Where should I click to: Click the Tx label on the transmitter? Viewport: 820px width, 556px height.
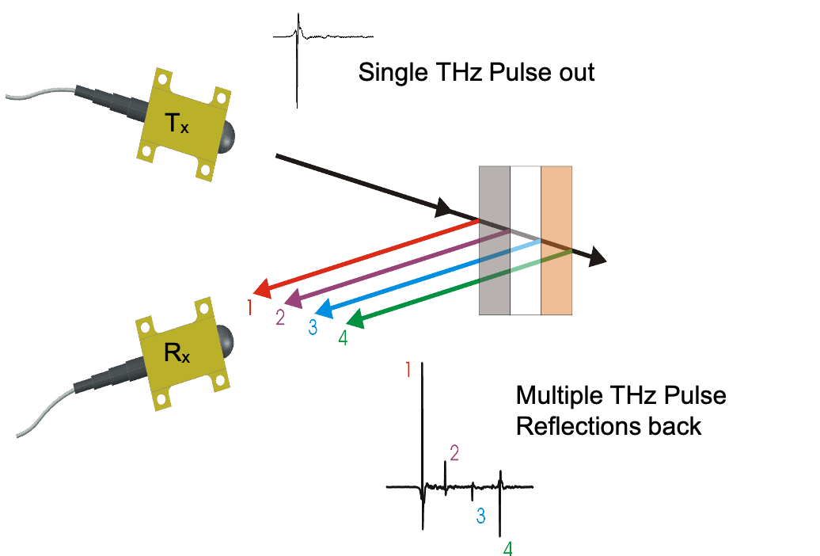pos(177,123)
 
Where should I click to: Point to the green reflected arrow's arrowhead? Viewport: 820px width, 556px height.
pos(355,320)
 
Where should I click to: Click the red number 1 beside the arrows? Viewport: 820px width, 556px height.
pos(249,307)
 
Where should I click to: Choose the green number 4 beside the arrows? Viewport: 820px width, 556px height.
pos(342,338)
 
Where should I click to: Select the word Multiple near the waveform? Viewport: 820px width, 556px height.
pos(559,395)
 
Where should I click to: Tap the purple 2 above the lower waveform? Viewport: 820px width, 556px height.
pos(454,453)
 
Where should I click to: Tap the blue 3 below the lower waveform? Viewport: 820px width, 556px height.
pos(480,516)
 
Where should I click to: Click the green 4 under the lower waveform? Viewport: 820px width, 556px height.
pos(508,548)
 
